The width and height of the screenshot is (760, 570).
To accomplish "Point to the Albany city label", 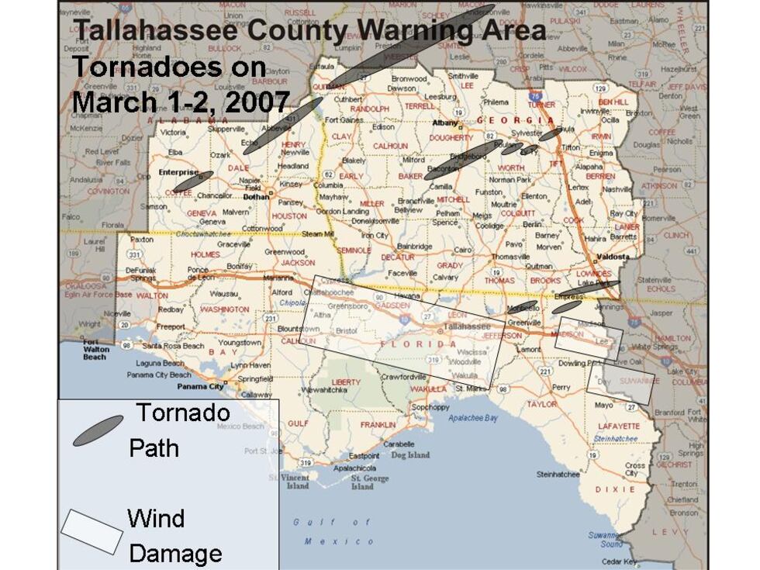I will click(446, 123).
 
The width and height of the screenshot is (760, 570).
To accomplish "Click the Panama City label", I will click(200, 386).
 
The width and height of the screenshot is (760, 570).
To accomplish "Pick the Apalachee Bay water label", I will click(472, 418).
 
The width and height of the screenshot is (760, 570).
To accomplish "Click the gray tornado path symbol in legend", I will click(98, 430).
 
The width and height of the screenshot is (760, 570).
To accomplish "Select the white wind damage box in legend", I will click(92, 531).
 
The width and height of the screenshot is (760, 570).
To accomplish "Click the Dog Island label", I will click(409, 455).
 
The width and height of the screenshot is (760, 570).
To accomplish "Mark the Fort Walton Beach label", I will click(95, 350).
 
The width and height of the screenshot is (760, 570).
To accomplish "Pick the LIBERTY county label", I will click(346, 382).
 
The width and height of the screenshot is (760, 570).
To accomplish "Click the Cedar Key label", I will click(619, 561).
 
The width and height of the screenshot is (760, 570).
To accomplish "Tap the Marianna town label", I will click(278, 277).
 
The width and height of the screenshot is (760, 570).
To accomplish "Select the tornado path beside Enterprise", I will click(193, 181).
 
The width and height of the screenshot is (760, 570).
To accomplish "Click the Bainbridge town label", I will click(415, 247).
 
